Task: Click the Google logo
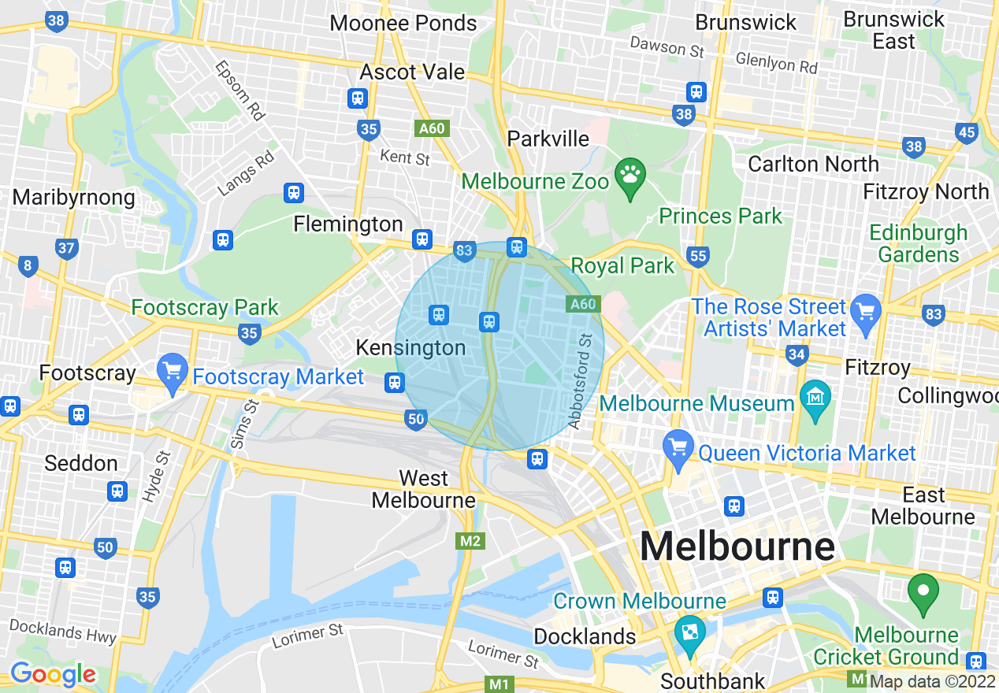[53, 674]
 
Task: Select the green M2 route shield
[470, 541]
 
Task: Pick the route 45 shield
[967, 133]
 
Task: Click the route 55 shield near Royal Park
[697, 256]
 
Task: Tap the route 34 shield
[797, 355]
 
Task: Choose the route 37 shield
[67, 250]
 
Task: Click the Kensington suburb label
[410, 347]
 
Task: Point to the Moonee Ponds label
[403, 23]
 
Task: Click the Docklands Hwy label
[63, 631]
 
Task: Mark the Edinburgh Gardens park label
[918, 243]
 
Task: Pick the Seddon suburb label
[81, 463]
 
